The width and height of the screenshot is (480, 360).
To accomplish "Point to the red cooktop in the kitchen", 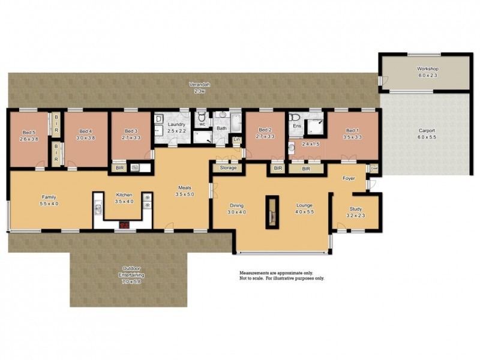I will (x=125, y=225).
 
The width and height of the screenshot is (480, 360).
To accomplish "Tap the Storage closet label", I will (x=228, y=168).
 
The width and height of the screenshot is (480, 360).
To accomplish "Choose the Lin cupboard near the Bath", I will (x=236, y=140).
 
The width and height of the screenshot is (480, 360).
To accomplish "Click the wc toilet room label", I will (x=202, y=125).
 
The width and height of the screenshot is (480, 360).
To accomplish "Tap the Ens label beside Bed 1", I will (x=296, y=126).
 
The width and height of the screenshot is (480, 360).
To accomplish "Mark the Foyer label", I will (x=349, y=179).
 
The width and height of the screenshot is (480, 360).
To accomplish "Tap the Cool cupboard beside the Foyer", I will (x=373, y=169).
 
